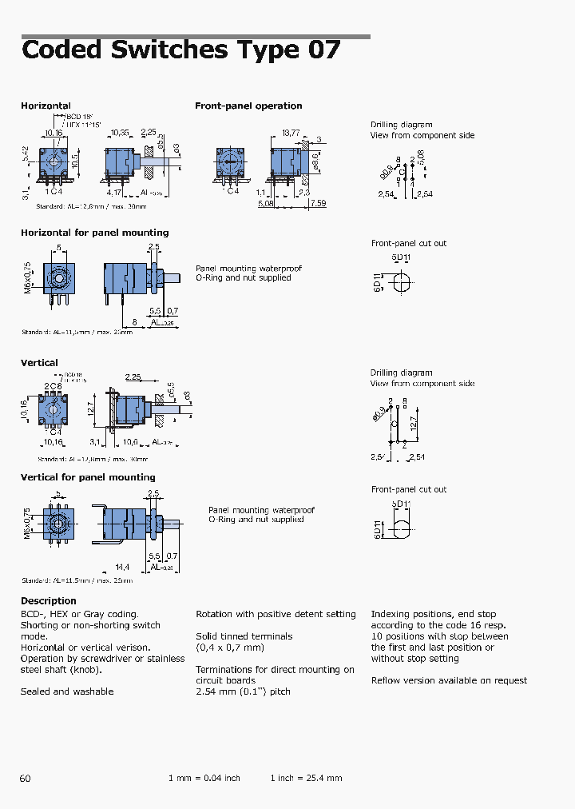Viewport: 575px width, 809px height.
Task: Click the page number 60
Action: (x=26, y=778)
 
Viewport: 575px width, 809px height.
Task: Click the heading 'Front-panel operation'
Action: (x=248, y=106)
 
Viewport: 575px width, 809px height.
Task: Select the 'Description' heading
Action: (x=48, y=601)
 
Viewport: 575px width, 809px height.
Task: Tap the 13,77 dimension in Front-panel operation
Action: (x=291, y=132)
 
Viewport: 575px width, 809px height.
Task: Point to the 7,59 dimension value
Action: (x=317, y=203)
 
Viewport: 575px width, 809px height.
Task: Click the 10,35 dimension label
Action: (x=120, y=132)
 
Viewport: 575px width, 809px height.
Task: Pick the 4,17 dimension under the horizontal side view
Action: (x=114, y=193)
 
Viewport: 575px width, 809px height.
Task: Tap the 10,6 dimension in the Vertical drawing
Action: (x=130, y=441)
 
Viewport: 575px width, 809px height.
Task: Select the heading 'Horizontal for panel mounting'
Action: (x=94, y=233)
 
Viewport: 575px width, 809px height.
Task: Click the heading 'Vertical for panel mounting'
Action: (x=88, y=477)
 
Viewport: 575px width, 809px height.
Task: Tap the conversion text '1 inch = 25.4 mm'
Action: (x=306, y=778)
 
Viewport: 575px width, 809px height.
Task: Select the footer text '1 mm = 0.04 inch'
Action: (x=204, y=778)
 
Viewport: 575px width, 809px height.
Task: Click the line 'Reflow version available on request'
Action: (x=449, y=680)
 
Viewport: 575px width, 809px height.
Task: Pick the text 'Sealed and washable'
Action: (x=67, y=691)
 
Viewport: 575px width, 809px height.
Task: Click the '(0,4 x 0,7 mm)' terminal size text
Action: (x=229, y=648)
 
